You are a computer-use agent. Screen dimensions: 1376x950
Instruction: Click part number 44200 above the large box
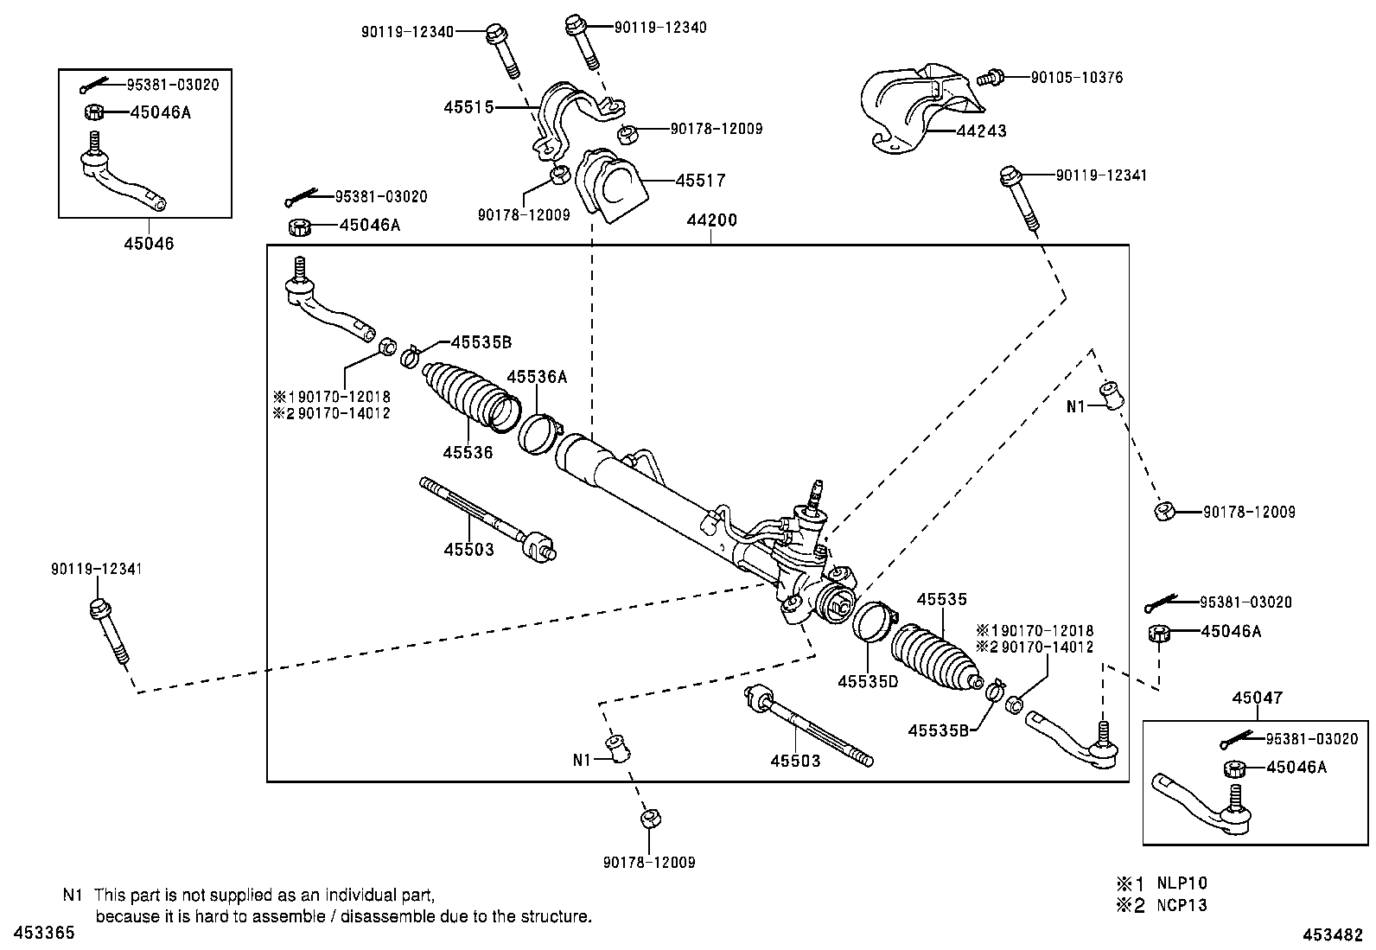711,220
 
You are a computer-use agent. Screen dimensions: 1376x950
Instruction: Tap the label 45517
700,181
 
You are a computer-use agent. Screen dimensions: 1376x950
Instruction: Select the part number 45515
468,107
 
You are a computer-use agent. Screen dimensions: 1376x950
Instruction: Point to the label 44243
982,131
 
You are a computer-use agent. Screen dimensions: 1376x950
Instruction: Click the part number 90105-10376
1077,78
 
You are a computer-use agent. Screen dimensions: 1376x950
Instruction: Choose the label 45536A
537,377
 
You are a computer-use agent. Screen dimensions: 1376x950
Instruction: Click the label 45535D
868,681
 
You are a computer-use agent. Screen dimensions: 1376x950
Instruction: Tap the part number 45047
1258,698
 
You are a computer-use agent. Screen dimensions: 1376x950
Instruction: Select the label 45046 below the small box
149,244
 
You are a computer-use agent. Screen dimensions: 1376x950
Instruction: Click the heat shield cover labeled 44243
921,110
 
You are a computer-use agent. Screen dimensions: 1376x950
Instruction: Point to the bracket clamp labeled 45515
577,123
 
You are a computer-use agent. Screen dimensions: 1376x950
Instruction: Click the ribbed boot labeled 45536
471,398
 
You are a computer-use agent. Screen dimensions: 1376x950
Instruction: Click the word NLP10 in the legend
1182,883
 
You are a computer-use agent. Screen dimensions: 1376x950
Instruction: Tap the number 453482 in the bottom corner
1333,934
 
